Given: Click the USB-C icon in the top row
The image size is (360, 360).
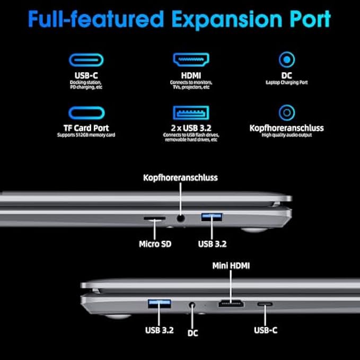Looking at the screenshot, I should point(86,59).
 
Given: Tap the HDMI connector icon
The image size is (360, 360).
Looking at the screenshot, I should point(190,59).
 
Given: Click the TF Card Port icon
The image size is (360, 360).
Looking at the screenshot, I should point(86,113).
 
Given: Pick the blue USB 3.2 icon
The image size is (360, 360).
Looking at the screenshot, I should point(190,113).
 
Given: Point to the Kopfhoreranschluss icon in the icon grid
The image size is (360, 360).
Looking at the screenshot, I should point(286,112).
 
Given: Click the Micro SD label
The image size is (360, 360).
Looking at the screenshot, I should point(154,244).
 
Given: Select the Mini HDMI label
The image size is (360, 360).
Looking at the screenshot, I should point(231,265).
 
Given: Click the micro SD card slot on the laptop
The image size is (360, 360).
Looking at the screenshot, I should point(154,217).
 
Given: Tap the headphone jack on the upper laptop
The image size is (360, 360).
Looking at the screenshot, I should point(181,217).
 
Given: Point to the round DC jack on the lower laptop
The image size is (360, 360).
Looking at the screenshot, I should point(192,305).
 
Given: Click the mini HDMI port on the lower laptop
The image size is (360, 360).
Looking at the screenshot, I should point(231,304).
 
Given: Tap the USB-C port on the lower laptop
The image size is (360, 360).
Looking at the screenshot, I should point(265,304).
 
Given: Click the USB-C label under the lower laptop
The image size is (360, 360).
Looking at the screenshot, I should point(265,330).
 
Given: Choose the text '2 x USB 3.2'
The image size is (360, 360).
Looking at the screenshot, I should point(190,128).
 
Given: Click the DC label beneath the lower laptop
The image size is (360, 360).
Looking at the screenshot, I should point(192,333).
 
